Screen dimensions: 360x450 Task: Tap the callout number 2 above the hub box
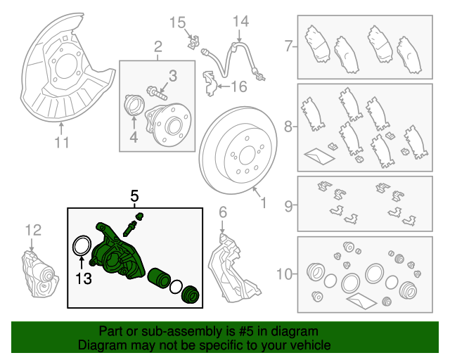click(158, 48)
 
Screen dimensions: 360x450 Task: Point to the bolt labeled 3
click(156, 90)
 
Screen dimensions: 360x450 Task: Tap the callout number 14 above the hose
click(240, 22)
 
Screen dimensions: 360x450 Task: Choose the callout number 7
click(288, 48)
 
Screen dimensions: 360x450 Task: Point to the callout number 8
click(288, 127)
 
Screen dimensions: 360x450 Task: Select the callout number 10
click(285, 271)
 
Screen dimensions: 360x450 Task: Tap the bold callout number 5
click(134, 195)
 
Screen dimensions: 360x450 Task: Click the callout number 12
click(33, 229)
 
